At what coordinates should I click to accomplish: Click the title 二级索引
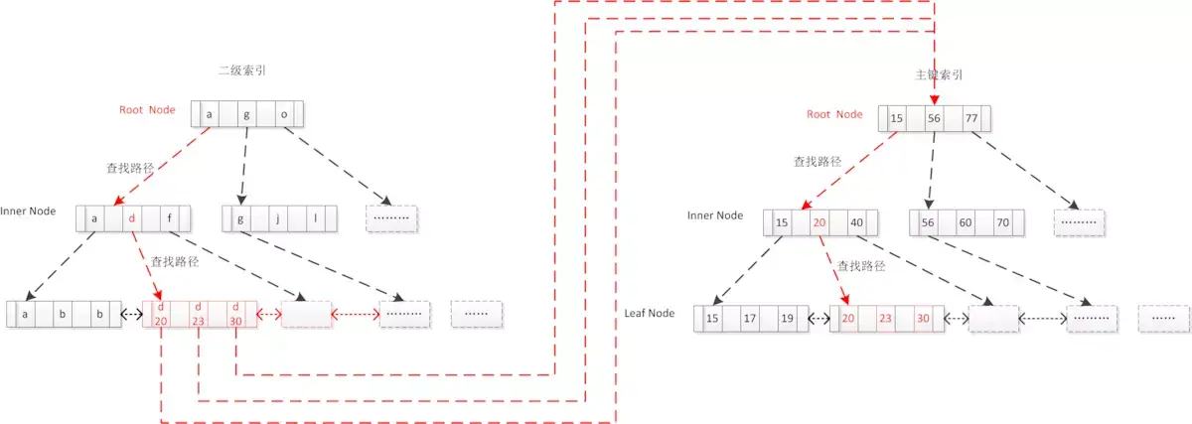coord(241,71)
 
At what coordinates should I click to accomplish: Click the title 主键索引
coord(938,74)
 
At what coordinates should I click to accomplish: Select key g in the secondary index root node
coord(246,114)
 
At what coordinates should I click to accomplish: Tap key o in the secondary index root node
coord(283,114)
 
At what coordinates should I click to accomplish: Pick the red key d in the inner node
coord(132,218)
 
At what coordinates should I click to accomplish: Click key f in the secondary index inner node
coord(169,218)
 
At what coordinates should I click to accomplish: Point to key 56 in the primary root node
coord(933,118)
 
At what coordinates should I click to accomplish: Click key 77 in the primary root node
coord(970,118)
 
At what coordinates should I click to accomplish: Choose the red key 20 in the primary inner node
coord(819,222)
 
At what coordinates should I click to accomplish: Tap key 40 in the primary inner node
coord(855,222)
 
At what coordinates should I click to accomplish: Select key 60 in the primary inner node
coord(966,222)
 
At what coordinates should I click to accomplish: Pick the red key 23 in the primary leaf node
coord(885,319)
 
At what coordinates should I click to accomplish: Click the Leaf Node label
coord(649,314)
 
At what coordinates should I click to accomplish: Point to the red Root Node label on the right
coord(834,114)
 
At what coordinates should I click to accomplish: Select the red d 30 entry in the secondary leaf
coord(236,314)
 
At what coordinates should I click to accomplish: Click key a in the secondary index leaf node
coord(24,314)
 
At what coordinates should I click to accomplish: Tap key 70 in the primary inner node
coord(1002,222)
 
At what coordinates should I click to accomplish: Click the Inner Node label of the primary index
coord(715,215)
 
